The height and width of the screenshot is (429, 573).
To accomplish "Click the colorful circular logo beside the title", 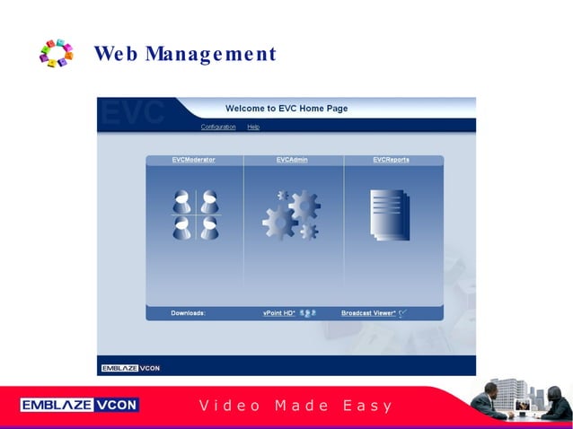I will [x=56, y=53].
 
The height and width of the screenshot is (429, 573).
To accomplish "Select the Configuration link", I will [x=218, y=127].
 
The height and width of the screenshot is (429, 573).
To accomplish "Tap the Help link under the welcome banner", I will [x=253, y=127].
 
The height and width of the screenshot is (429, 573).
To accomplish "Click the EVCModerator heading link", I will [x=194, y=160].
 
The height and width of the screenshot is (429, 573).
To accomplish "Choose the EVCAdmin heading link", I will [x=292, y=160].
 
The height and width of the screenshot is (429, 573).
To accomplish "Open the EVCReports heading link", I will [x=391, y=160].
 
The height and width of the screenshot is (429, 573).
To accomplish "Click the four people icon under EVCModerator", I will [x=196, y=215].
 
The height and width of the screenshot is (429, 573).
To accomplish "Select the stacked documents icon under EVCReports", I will [x=390, y=214].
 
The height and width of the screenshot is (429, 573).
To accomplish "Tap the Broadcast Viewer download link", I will [x=368, y=313].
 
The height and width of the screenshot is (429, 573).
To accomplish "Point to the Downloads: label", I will [x=188, y=313].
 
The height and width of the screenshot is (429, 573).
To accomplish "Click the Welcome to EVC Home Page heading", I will [x=286, y=109].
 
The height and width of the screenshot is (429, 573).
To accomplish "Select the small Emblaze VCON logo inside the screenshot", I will [x=130, y=368].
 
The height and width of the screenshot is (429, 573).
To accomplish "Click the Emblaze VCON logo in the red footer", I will [x=80, y=405].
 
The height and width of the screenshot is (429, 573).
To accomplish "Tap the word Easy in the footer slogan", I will [x=368, y=406].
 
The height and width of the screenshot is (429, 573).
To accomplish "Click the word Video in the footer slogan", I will [x=230, y=406].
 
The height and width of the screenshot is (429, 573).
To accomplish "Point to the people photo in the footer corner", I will [x=520, y=402].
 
